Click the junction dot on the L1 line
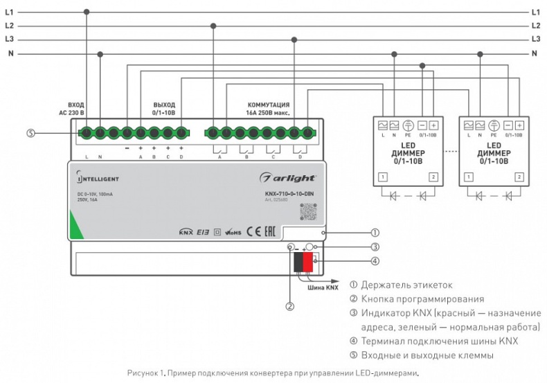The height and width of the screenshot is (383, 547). coord(87,12)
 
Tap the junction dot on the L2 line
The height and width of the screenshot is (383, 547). coord(213,26)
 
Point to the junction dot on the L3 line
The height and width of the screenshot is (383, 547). coord(295,39)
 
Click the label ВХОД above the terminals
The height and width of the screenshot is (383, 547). coord(75,104)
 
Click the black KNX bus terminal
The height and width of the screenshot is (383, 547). coord(298,262)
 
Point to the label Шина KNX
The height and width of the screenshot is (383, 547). coord(323,286)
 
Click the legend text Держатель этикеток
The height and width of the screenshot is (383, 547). coord(404,285)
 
